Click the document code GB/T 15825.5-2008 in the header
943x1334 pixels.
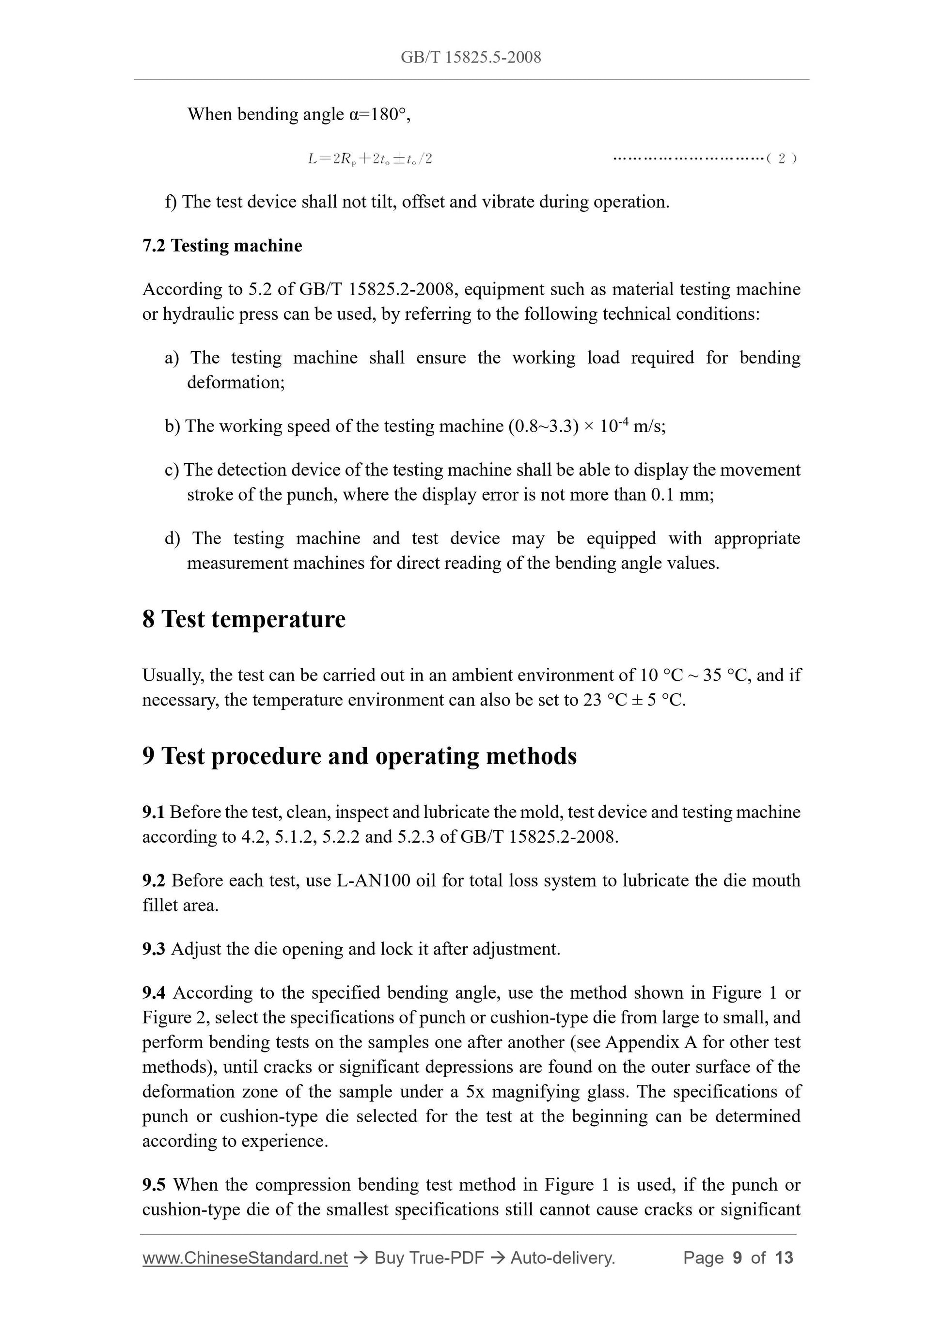coord(471,57)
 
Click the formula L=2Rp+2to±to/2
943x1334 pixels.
coord(370,158)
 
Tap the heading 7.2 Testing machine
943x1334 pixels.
coord(222,246)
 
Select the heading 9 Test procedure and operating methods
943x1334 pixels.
coord(359,756)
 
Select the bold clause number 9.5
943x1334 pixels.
coord(154,1185)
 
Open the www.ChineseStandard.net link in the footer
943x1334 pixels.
coord(245,1258)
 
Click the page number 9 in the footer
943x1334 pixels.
coord(737,1258)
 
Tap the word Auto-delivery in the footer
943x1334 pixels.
coord(562,1258)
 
